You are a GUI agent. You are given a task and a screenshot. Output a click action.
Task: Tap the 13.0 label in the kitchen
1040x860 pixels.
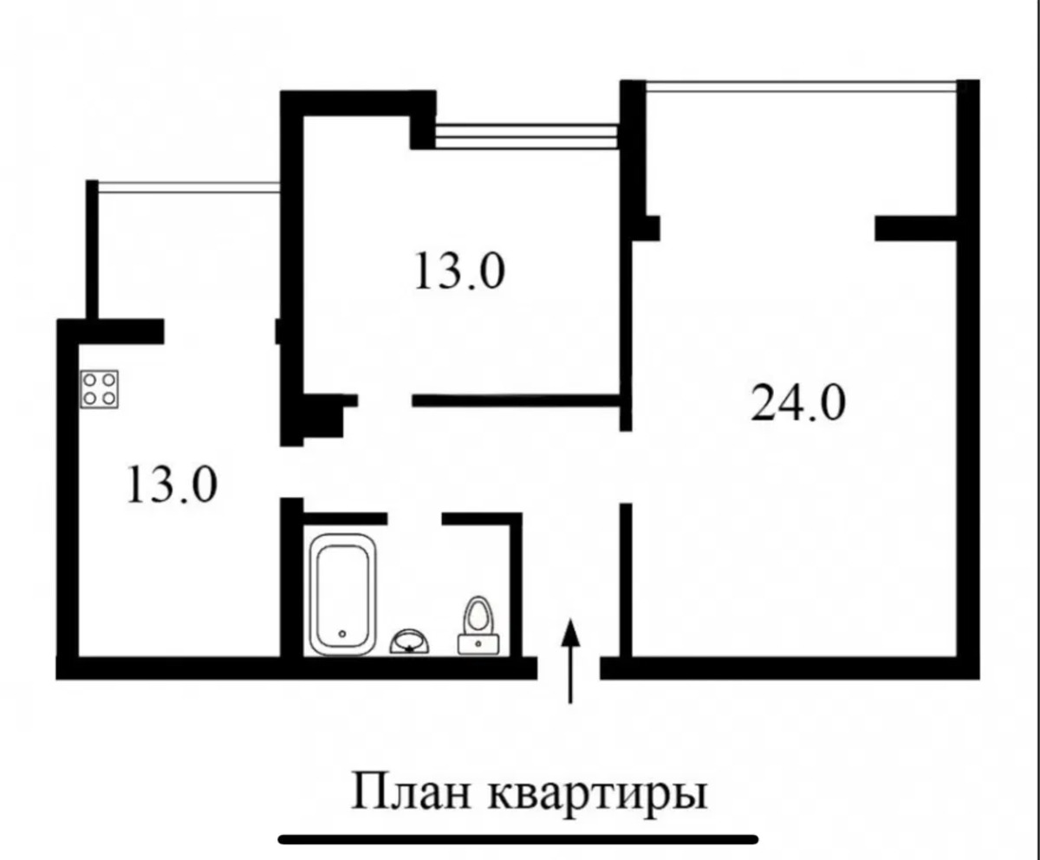[x=172, y=483]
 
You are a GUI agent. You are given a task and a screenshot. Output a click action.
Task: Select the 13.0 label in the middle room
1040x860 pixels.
[x=459, y=270]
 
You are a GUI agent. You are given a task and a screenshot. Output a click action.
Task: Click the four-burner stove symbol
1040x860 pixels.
[x=100, y=389]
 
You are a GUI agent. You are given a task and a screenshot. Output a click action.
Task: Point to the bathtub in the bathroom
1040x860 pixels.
[x=342, y=595]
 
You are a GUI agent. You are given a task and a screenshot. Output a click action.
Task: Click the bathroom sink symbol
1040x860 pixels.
[x=409, y=642]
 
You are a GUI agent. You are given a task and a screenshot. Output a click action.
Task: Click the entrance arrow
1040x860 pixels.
[x=571, y=661]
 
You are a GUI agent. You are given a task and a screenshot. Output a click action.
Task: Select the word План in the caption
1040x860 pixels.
[x=412, y=792]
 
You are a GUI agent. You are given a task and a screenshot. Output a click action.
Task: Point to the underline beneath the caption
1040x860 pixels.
[x=518, y=839]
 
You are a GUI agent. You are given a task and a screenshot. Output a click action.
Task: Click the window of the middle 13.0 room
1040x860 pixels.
[x=527, y=136]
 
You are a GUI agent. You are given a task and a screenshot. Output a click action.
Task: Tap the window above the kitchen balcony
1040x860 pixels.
[x=189, y=187]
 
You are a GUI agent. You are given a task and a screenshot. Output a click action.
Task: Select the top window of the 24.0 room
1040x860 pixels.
[x=801, y=88]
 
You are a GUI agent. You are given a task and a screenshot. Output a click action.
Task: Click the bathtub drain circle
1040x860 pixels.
[x=342, y=634]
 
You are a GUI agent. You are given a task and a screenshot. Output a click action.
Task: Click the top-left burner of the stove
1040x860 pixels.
[x=89, y=381]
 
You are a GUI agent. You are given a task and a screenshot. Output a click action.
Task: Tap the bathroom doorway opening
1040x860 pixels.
[x=414, y=518]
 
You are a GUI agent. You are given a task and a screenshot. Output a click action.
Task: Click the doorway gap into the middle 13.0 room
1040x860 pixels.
[x=385, y=401]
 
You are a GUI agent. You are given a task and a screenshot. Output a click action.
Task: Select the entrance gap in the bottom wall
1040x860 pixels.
[x=569, y=668]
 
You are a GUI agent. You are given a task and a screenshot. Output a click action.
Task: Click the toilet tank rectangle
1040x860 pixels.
[x=478, y=644]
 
